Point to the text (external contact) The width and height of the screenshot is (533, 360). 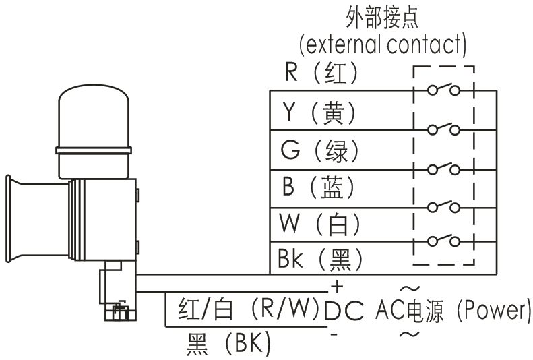click(383, 44)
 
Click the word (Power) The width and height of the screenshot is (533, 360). click(489, 310)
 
